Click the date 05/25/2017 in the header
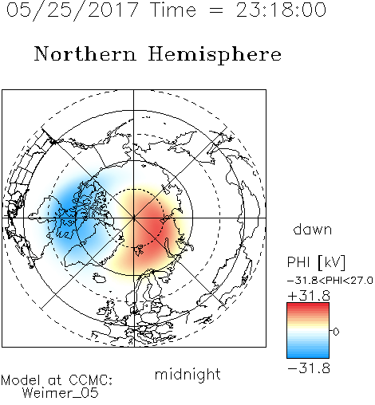pyautogui.click(x=73, y=10)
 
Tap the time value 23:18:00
pyautogui.click(x=281, y=10)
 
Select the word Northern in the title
pyautogui.click(x=85, y=53)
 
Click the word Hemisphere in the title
pyautogui.click(x=215, y=55)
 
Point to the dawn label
pyautogui.click(x=313, y=229)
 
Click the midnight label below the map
pyautogui.click(x=187, y=374)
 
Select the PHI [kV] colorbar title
pyautogui.click(x=316, y=262)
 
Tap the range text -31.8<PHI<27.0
pyautogui.click(x=330, y=280)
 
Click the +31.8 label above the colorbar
pyautogui.click(x=309, y=296)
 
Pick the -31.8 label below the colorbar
pyautogui.click(x=309, y=368)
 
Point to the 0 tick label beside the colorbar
pyautogui.click(x=336, y=332)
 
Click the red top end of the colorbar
pyautogui.click(x=308, y=306)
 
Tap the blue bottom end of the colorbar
pyautogui.click(x=308, y=355)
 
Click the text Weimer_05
pyautogui.click(x=61, y=392)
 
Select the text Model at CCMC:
pyautogui.click(x=57, y=380)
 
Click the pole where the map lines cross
pyautogui.click(x=134, y=218)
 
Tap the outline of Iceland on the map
pyautogui.click(x=100, y=277)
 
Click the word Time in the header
pyautogui.click(x=173, y=10)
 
